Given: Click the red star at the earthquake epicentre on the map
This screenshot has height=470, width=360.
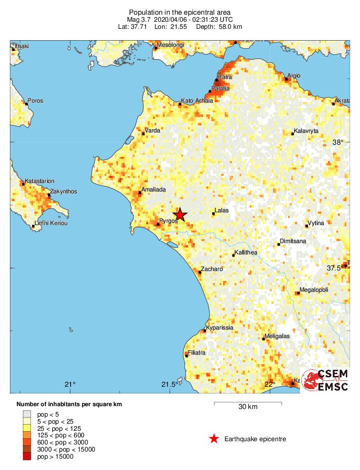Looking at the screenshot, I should pos(180,215).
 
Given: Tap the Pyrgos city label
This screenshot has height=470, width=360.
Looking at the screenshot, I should pos(169,220).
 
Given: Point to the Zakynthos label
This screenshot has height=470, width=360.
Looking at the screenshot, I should pos(64,191).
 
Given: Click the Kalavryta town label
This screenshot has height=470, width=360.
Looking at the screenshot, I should pos(306,131).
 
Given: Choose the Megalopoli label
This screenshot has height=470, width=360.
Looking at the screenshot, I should pos(314,290).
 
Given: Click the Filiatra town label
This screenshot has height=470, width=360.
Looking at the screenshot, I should pos(197,353).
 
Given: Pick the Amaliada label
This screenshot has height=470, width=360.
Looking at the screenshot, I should pos(154,189).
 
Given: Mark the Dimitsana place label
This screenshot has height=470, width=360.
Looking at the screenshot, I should pos(293,241).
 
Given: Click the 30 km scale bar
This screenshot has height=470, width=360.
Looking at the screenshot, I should pos(248,403).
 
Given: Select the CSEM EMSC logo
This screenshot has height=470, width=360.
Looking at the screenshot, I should pos(325,380).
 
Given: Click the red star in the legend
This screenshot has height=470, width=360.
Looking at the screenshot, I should pos(214,439).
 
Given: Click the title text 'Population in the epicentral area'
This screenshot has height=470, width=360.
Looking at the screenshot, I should pos(180,12).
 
